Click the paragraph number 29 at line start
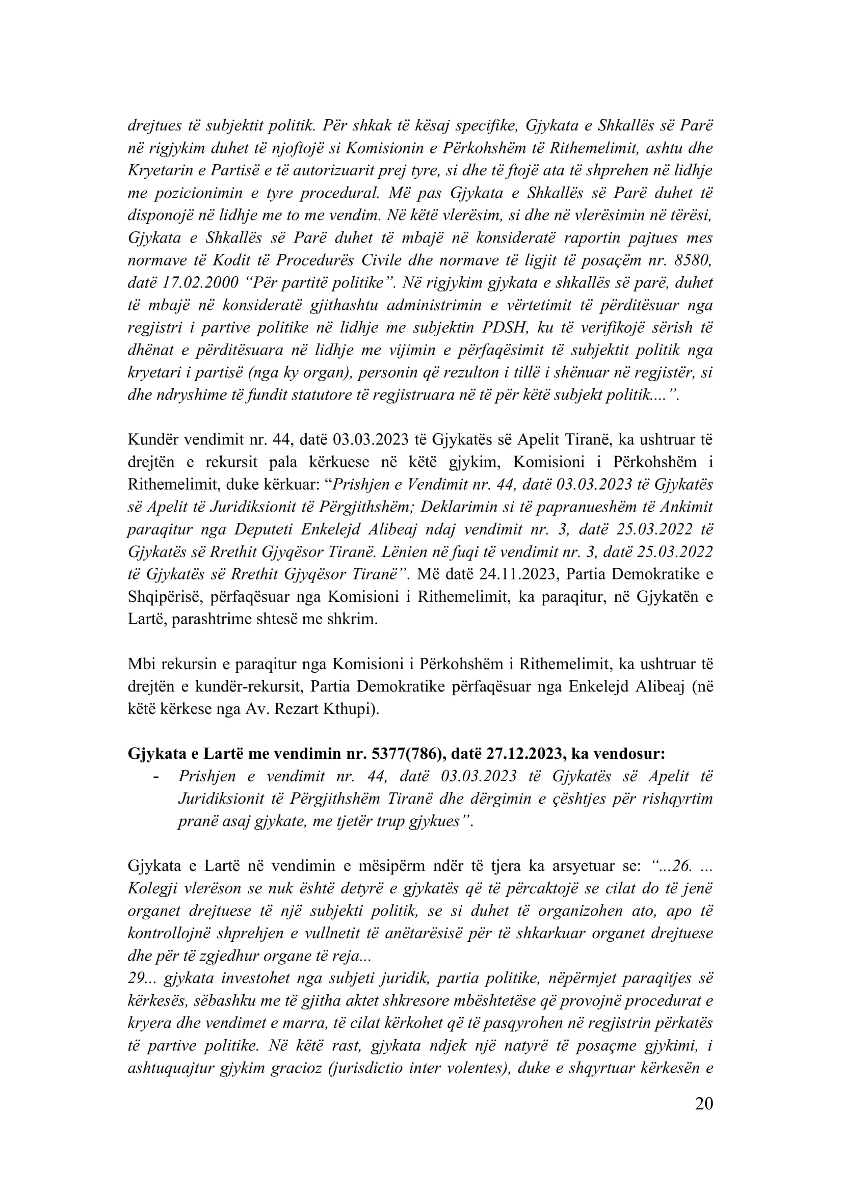[136, 978]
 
